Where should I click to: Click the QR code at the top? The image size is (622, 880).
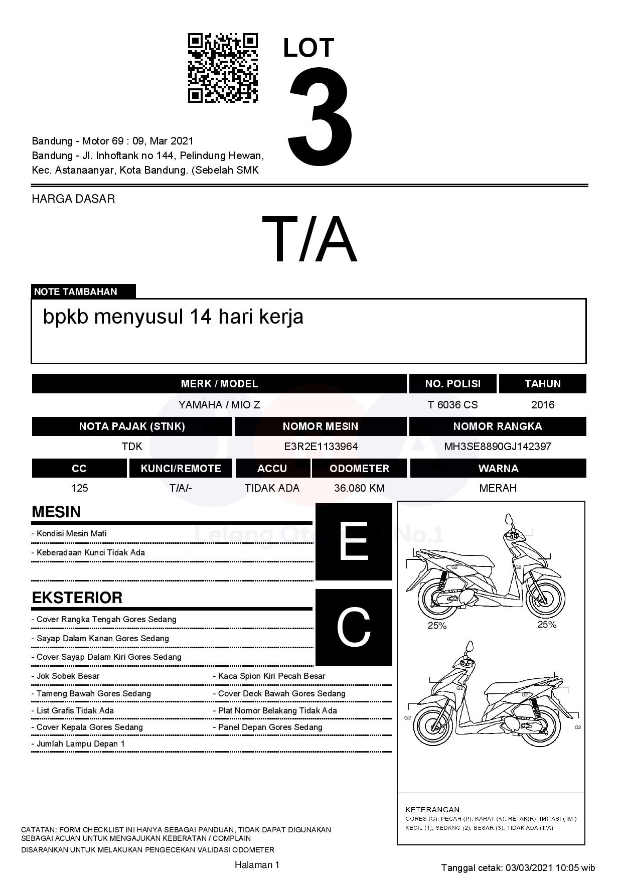[223, 68]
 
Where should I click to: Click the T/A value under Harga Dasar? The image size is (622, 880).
[309, 239]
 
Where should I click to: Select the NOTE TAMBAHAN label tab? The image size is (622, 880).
[83, 291]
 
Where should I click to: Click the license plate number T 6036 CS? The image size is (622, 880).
[452, 405]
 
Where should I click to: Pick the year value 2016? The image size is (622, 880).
[543, 405]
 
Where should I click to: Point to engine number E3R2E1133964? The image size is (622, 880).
[321, 447]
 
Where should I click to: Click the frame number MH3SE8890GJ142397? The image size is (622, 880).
[498, 447]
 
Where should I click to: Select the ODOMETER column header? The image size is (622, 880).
[359, 469]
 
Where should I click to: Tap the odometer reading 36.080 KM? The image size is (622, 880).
[359, 488]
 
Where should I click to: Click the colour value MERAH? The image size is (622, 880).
[498, 488]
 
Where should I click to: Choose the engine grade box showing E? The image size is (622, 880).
[354, 542]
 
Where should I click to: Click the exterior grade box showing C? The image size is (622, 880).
[354, 627]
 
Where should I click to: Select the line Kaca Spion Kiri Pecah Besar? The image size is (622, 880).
[271, 676]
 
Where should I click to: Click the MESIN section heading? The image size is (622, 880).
[56, 512]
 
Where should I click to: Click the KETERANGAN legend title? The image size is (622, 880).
[432, 809]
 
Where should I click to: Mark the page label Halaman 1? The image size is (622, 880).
[257, 864]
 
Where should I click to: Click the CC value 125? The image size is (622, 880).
[79, 488]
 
